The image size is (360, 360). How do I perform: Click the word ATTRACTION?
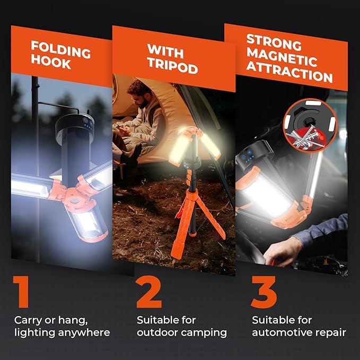click(x=289, y=77)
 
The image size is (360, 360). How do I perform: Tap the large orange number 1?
click(x=21, y=292)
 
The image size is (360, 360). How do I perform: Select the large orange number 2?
click(x=149, y=292)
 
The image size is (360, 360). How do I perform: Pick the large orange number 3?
click(x=264, y=292)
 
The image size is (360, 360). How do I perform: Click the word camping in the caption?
click(x=204, y=333)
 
